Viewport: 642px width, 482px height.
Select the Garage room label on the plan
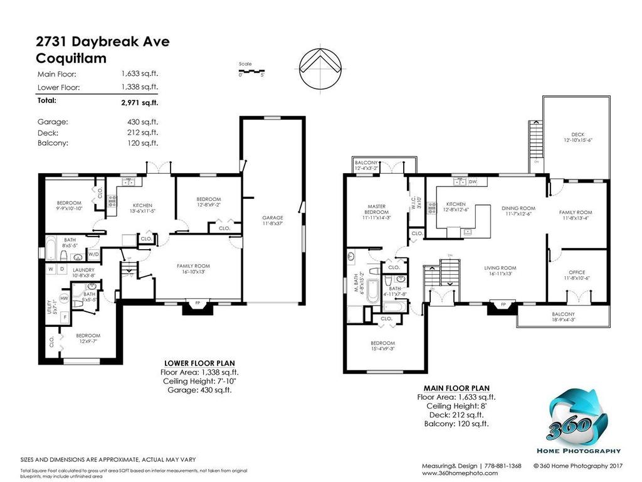click(x=273, y=220)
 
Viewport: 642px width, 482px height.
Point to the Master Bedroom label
click(x=376, y=212)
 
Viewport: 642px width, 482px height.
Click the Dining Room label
click(x=518, y=211)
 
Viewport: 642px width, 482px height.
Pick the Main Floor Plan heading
click(x=456, y=388)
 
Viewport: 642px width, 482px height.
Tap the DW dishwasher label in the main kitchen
click(x=473, y=182)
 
